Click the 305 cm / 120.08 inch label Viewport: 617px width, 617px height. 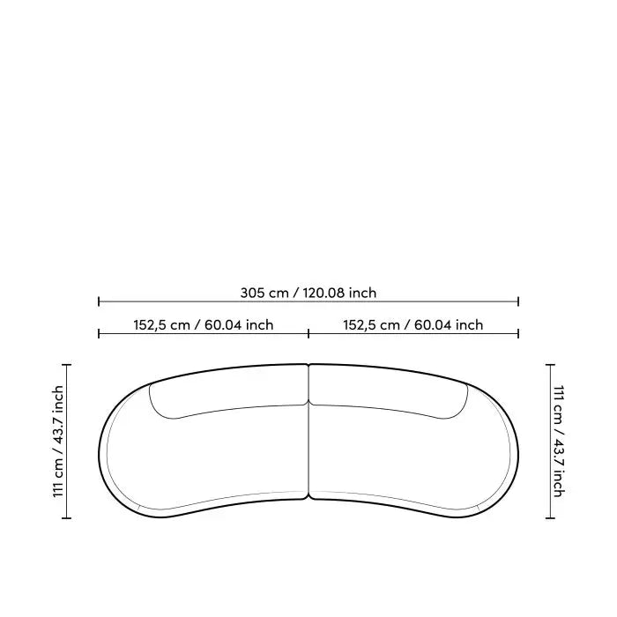click(308, 293)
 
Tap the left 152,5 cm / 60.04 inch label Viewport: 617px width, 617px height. click(203, 325)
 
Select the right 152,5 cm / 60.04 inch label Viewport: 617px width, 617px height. click(413, 325)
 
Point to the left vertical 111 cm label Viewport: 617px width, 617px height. click(58, 441)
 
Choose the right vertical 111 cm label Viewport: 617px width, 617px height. click(559, 441)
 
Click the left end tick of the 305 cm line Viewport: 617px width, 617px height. click(99, 301)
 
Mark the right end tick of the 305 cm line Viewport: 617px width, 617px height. click(518, 301)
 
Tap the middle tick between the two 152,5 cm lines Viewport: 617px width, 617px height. click(308, 334)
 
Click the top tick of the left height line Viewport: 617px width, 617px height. click(66, 365)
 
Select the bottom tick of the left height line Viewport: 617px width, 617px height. click(66, 518)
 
